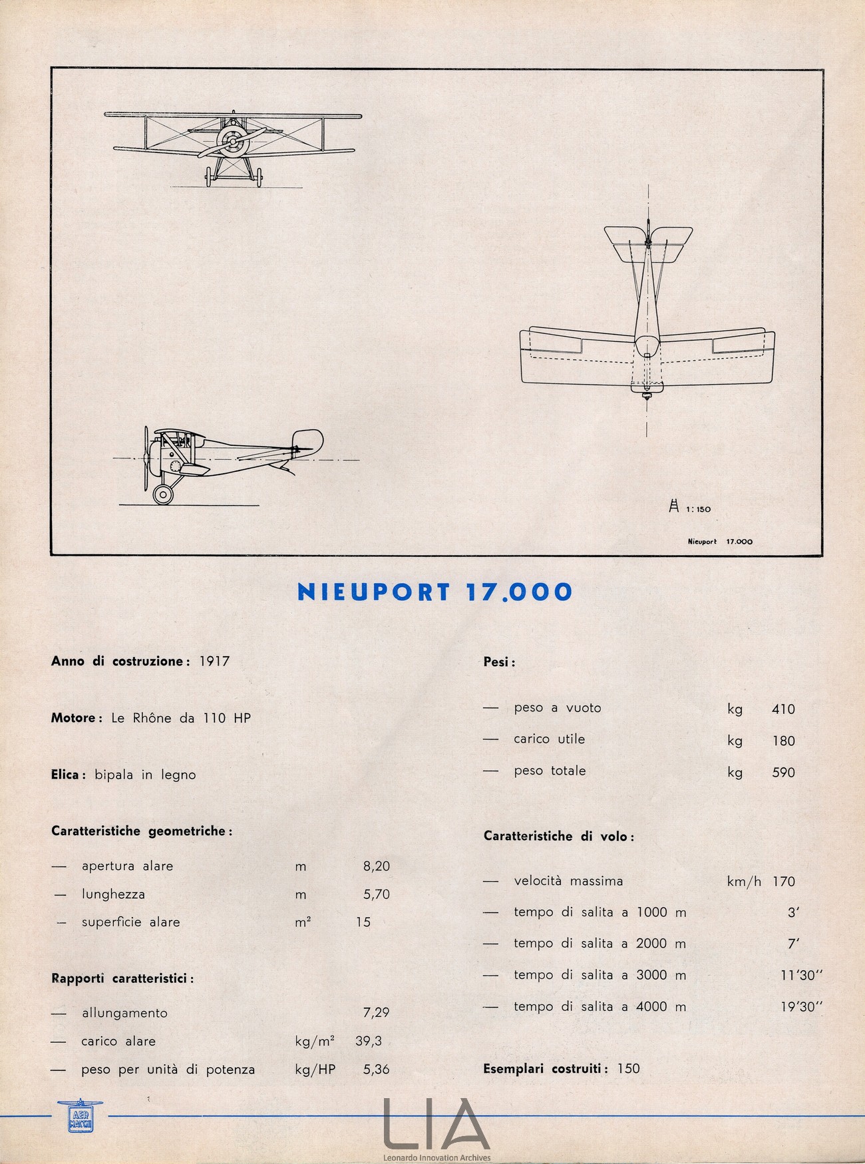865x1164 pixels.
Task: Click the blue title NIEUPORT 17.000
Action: coord(434,592)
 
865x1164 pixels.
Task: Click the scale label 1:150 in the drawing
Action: coord(698,509)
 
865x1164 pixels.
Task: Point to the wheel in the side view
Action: coord(162,494)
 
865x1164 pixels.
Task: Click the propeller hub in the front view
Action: coord(231,140)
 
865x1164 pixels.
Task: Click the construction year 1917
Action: coord(214,661)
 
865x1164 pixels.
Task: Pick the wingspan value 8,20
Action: coord(376,866)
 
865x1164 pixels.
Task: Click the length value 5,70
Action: coord(376,894)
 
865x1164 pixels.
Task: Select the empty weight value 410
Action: coord(783,709)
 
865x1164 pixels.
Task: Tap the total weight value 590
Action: coord(783,772)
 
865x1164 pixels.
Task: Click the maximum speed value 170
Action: coord(783,881)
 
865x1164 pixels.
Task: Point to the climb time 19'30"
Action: coord(801,1007)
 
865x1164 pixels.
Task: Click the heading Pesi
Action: coord(498,662)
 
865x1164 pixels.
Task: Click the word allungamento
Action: coord(124,1013)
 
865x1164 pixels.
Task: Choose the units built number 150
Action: coord(628,1068)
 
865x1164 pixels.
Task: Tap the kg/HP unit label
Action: coord(315,1069)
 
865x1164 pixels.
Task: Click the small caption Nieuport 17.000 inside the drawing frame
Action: coord(719,542)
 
